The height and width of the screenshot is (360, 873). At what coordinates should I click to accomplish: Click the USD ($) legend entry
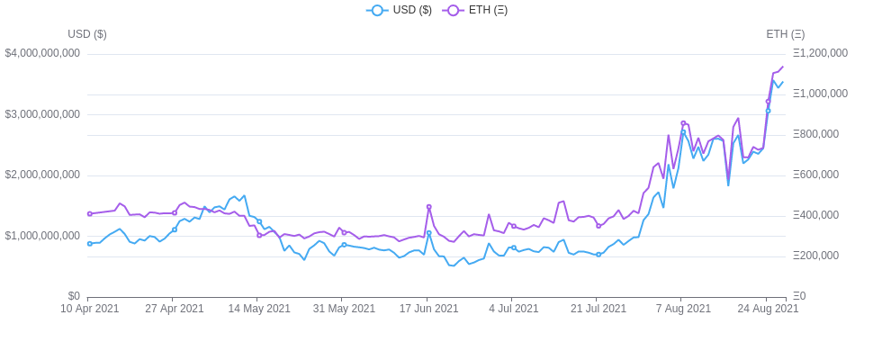[400, 10]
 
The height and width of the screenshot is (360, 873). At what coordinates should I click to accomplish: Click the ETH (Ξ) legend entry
[475, 10]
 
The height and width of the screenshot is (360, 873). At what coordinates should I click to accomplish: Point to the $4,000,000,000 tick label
[42, 53]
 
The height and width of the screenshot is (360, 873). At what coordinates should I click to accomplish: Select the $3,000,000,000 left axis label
[42, 114]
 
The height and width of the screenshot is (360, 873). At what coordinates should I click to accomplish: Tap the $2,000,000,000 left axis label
[42, 175]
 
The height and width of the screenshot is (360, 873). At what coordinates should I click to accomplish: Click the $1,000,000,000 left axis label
[42, 236]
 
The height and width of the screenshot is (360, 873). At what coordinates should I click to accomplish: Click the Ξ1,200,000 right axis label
[820, 53]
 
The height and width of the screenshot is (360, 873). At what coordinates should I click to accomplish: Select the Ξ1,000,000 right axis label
[820, 94]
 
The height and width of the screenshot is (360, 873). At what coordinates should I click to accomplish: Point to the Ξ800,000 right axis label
[815, 134]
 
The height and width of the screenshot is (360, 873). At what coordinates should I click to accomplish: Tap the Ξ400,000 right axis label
[815, 215]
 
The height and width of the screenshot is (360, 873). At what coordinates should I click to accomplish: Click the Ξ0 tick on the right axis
[799, 296]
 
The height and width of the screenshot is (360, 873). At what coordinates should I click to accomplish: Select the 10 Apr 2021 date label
[89, 309]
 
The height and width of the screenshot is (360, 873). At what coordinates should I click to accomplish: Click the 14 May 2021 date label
[258, 309]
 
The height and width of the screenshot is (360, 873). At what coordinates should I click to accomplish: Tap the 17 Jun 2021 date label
[428, 309]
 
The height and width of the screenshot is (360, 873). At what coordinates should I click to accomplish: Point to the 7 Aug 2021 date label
[681, 309]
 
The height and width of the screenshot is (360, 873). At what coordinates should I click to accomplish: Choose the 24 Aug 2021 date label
[768, 309]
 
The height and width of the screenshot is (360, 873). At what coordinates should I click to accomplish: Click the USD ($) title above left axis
[87, 34]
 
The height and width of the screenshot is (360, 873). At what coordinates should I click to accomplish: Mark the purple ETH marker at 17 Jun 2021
[428, 207]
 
